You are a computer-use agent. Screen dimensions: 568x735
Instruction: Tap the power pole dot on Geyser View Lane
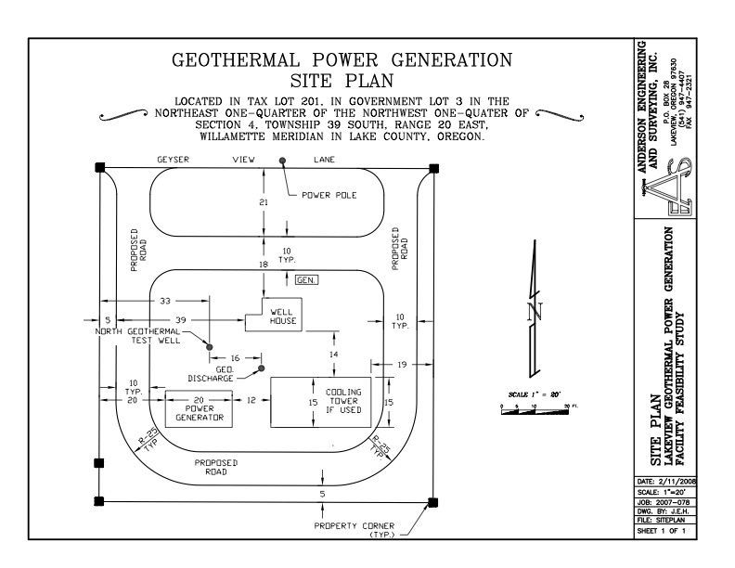click(x=283, y=161)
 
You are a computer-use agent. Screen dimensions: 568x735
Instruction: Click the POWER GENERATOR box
click(x=198, y=408)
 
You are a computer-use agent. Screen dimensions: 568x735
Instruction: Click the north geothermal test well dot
click(x=210, y=346)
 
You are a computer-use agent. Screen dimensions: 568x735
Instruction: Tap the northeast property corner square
click(x=434, y=168)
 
